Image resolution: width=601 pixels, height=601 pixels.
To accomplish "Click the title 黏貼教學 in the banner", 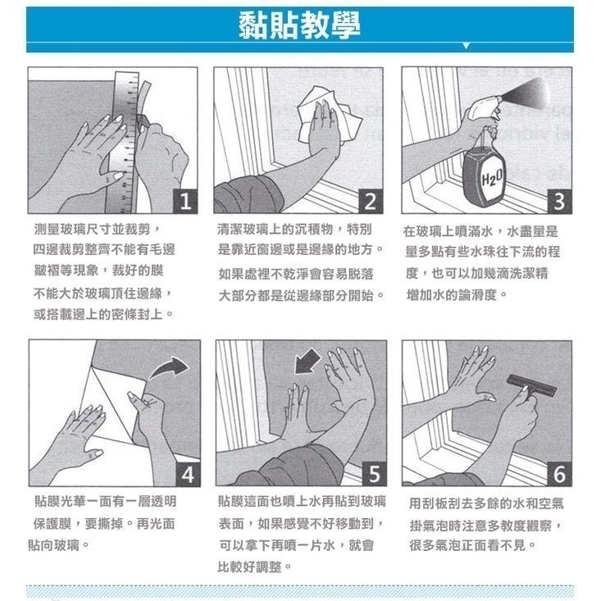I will pos(300,26).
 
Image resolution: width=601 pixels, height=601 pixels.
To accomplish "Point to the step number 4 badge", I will pos(187,474).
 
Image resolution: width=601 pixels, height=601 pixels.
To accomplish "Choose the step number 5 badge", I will pos(373,474).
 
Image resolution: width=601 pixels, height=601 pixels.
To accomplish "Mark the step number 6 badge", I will pos(559,474).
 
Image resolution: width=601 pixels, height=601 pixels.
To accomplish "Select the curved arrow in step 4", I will pos(171,368).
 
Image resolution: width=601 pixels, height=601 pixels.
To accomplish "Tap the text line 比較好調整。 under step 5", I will pos(256,566).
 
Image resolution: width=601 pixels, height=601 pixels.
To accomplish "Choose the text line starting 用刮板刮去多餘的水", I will pos(485,503).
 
